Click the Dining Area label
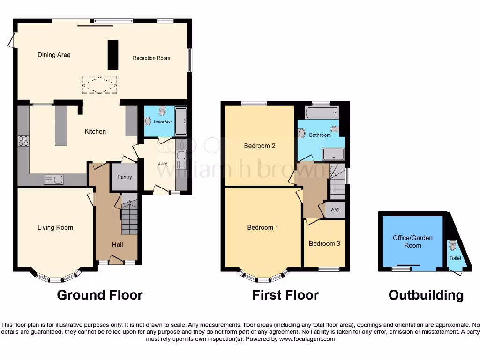tap(54, 55)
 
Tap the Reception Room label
tap(151, 58)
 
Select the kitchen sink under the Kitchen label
tap(54, 179)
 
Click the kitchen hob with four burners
tap(23, 141)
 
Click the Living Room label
tap(55, 227)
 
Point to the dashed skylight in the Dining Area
tap(100, 84)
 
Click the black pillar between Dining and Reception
tap(113, 54)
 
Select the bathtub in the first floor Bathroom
tap(321, 112)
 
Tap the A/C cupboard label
tap(335, 210)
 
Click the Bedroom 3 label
tap(325, 243)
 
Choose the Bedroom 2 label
tap(260, 146)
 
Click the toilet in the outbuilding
tap(452, 245)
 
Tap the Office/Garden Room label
tap(412, 241)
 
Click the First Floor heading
tap(285, 295)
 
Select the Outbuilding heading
tap(426, 295)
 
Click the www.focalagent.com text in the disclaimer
tap(307, 339)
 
